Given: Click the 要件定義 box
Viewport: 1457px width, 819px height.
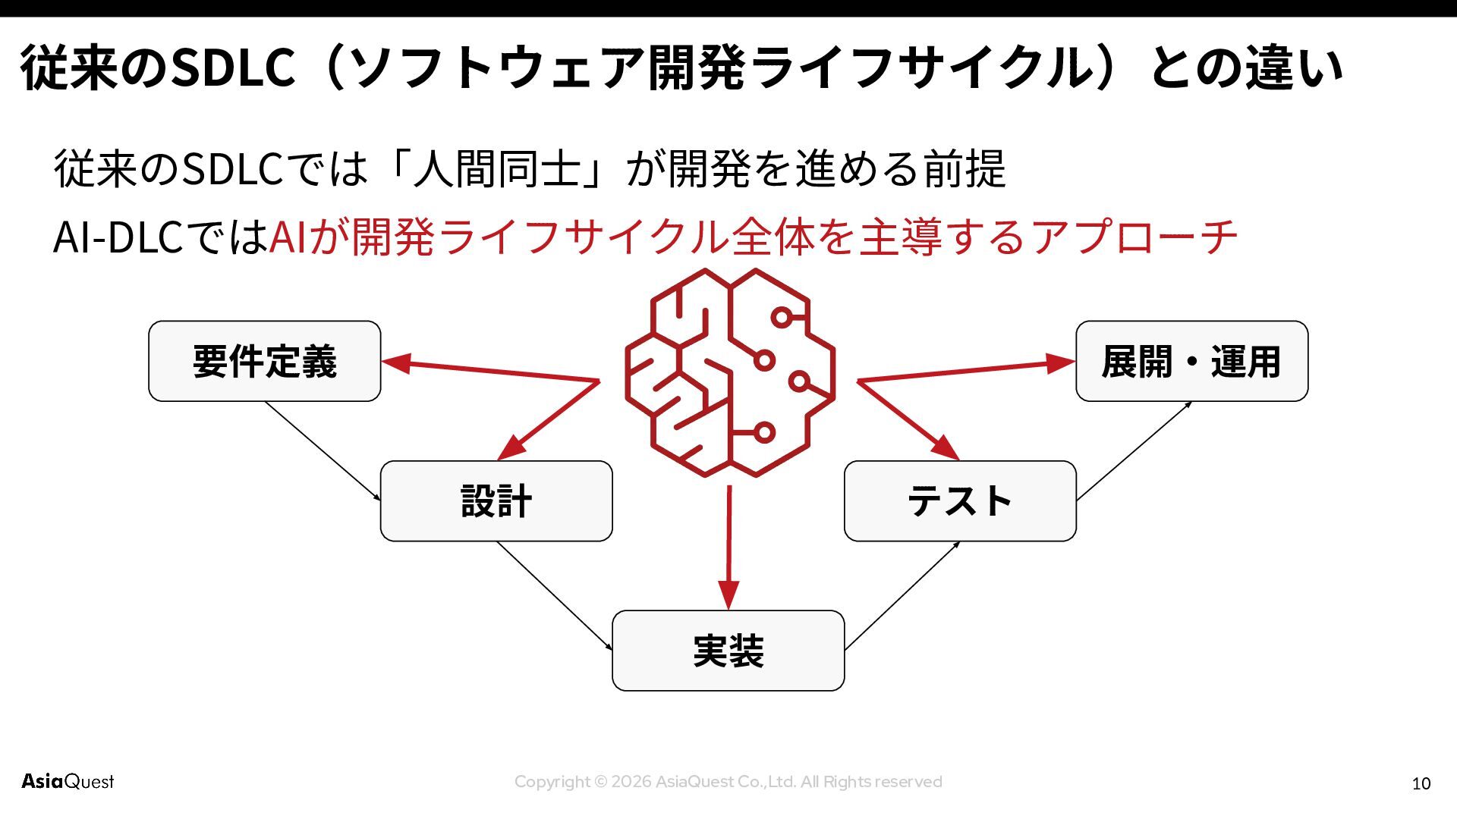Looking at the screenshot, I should click(264, 361).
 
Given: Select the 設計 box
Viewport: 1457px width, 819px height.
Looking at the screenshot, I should click(496, 501).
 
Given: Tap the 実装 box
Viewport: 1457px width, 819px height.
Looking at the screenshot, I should click(728, 651).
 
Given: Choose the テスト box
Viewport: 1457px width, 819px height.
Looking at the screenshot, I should click(960, 501).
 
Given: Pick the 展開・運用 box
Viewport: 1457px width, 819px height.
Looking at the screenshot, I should click(1191, 361).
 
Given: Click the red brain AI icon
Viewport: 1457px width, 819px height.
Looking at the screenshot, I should click(730, 373).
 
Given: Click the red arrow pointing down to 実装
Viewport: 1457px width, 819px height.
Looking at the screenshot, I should click(728, 546).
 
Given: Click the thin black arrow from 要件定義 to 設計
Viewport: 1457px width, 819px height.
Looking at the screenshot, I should click(323, 450).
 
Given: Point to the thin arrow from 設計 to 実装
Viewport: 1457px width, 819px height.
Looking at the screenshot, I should click(554, 595).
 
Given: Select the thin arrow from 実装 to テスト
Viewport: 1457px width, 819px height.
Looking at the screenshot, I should click(902, 595).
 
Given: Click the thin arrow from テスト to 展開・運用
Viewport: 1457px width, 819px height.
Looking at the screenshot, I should click(1134, 450).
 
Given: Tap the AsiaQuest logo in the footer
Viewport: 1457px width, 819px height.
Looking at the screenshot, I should click(68, 781).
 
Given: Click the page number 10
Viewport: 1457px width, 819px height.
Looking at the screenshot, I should click(1421, 783).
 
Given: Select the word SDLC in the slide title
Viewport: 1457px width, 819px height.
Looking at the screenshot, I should click(233, 67).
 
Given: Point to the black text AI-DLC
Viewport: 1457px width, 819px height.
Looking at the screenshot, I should click(118, 237).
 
